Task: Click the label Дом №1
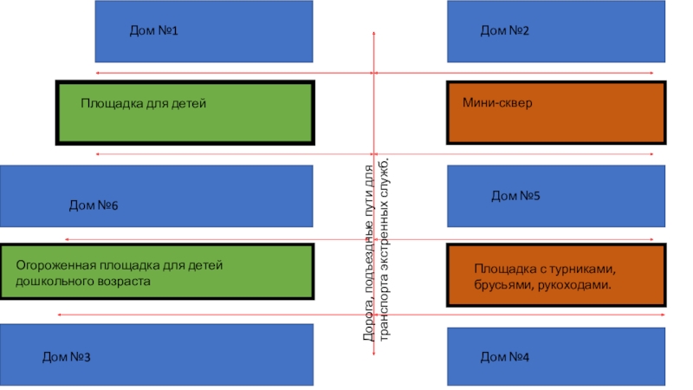(x=153, y=31)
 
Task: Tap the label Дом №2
(x=505, y=31)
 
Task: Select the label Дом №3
(x=67, y=357)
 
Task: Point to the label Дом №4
(x=505, y=357)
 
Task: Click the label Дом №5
(x=515, y=197)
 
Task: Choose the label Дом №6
(x=93, y=206)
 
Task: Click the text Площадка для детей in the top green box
(x=144, y=103)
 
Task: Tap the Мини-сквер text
(x=497, y=103)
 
